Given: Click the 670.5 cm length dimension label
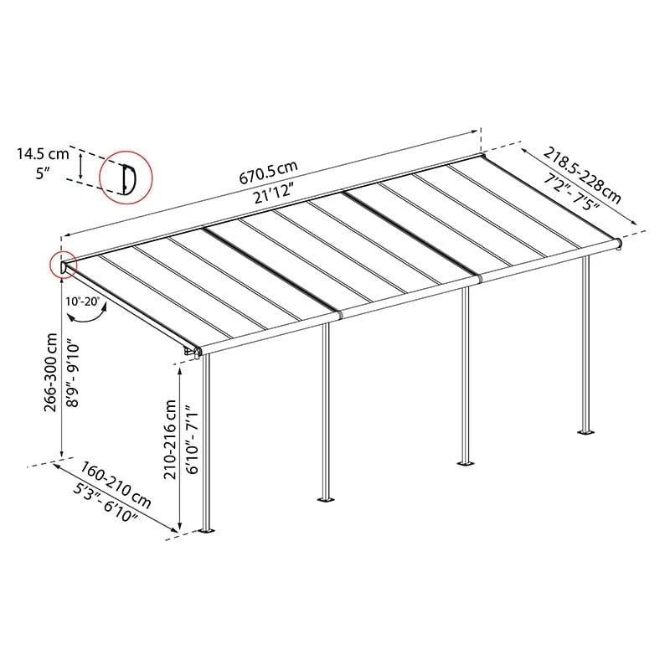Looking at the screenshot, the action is (268, 173).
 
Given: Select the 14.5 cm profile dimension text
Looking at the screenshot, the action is (43, 154).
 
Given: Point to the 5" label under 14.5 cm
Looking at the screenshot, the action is (44, 173).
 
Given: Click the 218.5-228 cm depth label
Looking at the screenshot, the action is (581, 175).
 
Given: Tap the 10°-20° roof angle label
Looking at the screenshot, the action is (82, 301).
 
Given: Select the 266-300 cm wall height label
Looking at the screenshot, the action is (50, 372).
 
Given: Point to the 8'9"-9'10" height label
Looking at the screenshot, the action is (72, 373).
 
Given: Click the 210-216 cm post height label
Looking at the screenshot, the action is (170, 439).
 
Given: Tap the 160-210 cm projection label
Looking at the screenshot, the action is (116, 485).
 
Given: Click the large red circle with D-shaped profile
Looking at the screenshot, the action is (126, 178).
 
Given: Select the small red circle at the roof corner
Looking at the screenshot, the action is (64, 265).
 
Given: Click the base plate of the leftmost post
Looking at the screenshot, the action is (207, 531).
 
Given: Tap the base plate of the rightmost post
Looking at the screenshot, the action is (585, 432).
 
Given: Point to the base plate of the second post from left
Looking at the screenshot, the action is (326, 499).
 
